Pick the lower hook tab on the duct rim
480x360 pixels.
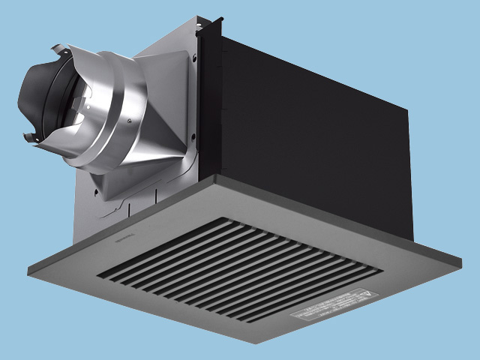click(x=30, y=137)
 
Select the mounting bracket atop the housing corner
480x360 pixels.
click(x=200, y=26)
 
